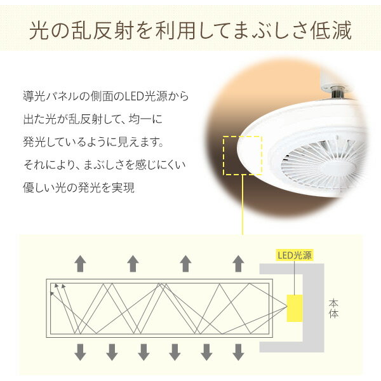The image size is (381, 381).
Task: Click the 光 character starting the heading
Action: coord(40,30)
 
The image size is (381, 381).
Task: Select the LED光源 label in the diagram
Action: coord(293,257)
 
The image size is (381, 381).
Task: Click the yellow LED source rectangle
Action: coord(295,307)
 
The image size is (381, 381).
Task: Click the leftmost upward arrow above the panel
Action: coord(80,263)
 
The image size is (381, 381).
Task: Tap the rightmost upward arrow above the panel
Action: coord(237,263)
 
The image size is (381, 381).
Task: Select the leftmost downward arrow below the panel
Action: coord(80,351)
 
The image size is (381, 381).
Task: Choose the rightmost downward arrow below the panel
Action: coord(237,351)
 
